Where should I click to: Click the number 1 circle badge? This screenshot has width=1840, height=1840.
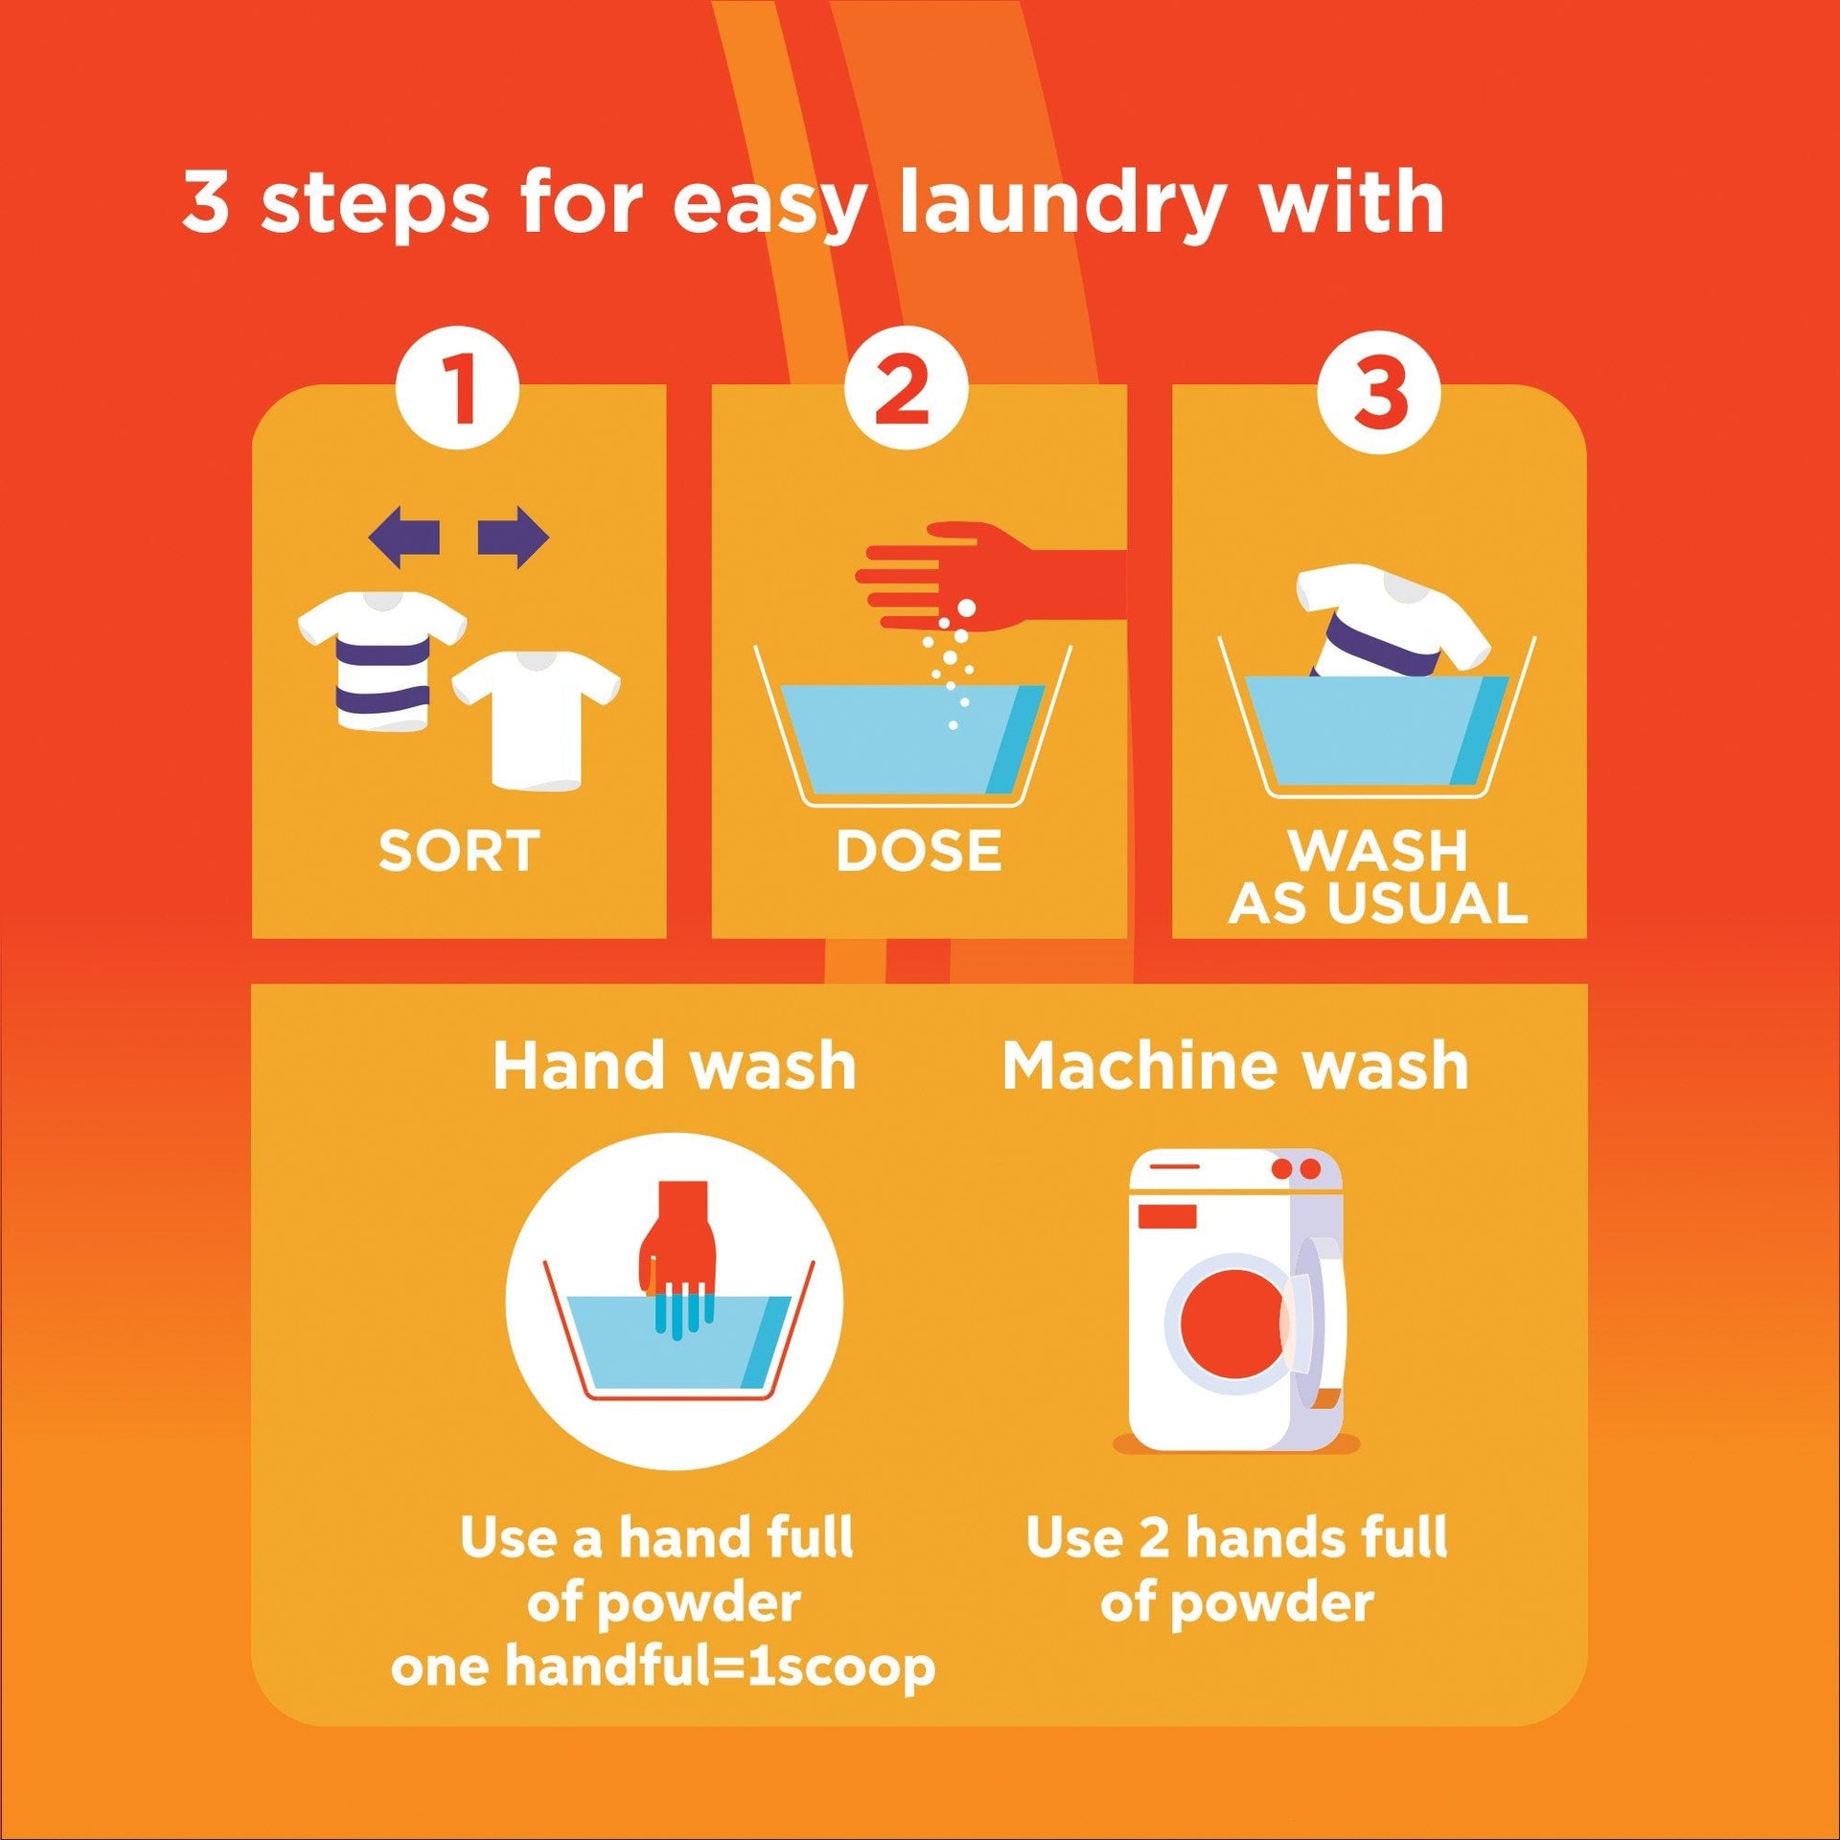point(458,388)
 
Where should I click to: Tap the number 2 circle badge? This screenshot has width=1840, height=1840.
point(906,388)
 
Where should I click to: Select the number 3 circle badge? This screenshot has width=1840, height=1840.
point(1379,392)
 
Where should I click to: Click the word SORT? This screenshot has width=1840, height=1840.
point(459,851)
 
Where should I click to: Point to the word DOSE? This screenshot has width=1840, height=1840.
point(918,851)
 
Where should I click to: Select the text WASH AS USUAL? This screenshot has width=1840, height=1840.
point(1378,877)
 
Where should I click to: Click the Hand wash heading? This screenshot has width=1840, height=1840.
point(674,1066)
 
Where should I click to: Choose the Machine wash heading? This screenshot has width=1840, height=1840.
point(1235,1066)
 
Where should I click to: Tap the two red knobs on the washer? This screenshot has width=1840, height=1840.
point(1296,1169)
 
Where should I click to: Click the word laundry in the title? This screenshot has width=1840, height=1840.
point(1063,204)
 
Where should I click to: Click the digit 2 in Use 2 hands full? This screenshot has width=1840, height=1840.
point(1154,1539)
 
